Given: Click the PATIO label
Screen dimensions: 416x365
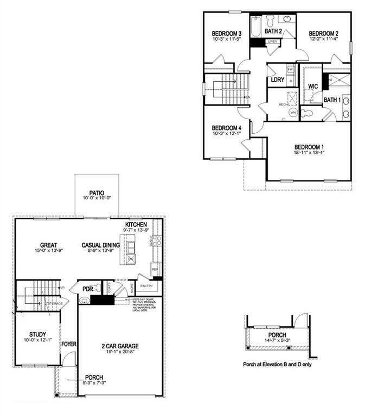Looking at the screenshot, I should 97,192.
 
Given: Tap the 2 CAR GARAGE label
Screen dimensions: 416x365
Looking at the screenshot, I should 120,346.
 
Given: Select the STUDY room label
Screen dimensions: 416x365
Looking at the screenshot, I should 37,334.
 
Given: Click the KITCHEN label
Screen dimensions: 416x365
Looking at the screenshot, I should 137,224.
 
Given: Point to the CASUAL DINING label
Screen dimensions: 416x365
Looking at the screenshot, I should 101,245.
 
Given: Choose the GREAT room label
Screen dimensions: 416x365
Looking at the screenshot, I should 48,245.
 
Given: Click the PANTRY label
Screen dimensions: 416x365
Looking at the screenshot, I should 146,285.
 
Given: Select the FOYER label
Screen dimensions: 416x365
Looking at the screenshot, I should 68,343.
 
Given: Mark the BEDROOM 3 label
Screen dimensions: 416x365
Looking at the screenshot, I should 226,34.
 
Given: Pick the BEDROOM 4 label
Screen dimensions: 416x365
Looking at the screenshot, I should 226,128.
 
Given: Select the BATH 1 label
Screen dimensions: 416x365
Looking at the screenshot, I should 332,100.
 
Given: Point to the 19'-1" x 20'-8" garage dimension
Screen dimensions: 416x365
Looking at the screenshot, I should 120,353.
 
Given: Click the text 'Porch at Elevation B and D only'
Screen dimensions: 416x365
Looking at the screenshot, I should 277,365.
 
